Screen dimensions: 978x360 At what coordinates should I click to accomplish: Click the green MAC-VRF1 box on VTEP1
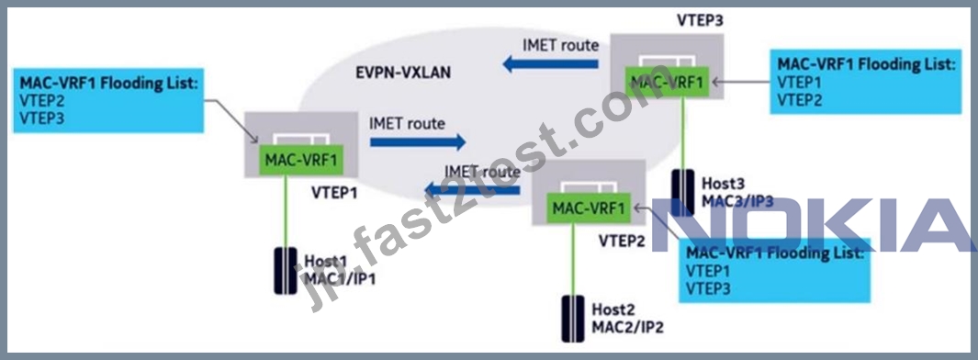coord(300,161)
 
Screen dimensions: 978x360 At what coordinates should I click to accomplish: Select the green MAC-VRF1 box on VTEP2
coord(588,208)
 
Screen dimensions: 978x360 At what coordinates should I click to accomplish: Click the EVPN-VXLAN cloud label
coord(396,73)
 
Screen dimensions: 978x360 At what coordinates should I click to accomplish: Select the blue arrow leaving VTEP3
coord(551,63)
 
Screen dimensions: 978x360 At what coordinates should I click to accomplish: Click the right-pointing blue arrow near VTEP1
coord(418,142)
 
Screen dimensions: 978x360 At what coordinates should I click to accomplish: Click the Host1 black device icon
coord(286,271)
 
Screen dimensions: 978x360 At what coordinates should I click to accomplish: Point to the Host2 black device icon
coord(573,318)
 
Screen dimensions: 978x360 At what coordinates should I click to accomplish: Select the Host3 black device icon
coord(684,192)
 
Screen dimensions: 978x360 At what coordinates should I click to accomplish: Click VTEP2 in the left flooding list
coord(42,102)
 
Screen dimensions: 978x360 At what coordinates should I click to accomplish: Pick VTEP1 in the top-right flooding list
coord(801,83)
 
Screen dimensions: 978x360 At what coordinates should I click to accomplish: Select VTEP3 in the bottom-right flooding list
coord(708,288)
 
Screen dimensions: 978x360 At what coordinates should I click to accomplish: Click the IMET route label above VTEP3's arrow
coord(560,45)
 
